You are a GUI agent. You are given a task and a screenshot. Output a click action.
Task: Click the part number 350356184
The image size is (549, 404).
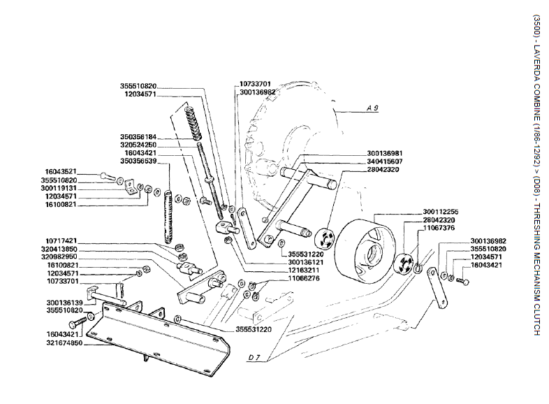(138, 137)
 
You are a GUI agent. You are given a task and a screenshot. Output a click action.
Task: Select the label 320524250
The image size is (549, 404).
(138, 145)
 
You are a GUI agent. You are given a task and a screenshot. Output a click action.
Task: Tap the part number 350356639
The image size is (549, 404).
(138, 161)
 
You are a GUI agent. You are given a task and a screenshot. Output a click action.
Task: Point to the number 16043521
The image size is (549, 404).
(61, 171)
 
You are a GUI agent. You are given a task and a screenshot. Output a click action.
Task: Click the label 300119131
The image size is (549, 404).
(61, 188)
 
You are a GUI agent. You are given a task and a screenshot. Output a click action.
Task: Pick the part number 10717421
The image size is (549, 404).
(61, 240)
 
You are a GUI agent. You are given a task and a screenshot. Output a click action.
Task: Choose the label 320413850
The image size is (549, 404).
(61, 248)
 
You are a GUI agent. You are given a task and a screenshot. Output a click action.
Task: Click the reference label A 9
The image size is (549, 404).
(372, 109)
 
